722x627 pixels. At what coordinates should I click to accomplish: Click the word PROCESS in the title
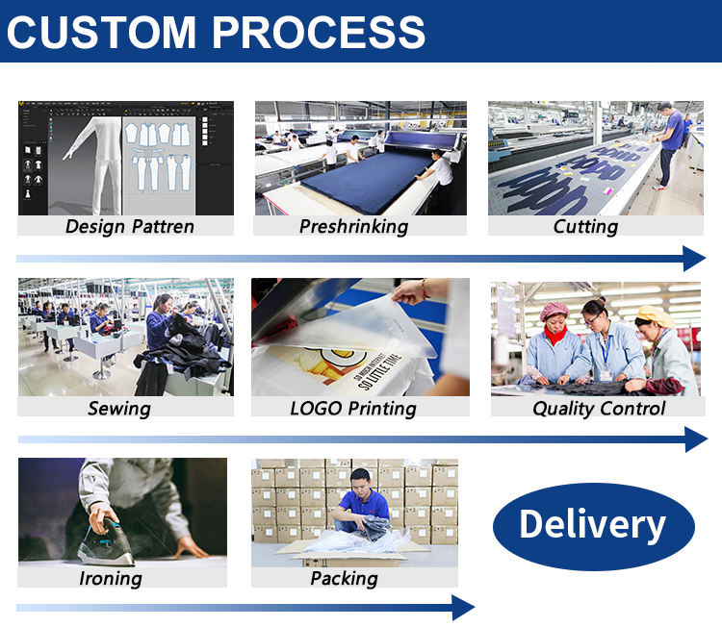[x=319, y=32]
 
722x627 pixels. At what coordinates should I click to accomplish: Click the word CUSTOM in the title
[x=102, y=32]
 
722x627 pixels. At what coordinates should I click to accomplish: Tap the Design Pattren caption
[x=130, y=226]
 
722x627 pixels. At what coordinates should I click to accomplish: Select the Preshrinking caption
[x=353, y=226]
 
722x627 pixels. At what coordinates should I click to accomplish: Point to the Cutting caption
[x=585, y=226]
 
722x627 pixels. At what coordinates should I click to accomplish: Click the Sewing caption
[x=119, y=409]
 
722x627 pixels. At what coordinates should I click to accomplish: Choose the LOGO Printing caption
[x=353, y=409]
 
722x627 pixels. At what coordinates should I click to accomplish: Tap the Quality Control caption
[x=599, y=409]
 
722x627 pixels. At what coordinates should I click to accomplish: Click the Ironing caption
[x=111, y=579]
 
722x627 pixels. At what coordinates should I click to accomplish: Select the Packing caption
[x=344, y=579]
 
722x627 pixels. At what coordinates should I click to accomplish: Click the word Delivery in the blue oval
[x=593, y=524]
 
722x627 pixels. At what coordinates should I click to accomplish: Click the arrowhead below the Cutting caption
[x=694, y=258]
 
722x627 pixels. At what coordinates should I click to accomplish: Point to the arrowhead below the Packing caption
[x=463, y=608]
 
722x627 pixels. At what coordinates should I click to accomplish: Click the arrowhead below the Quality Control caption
[x=696, y=439]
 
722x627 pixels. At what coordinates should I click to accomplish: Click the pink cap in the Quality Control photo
[x=554, y=311]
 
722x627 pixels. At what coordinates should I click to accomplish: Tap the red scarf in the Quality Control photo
[x=554, y=334]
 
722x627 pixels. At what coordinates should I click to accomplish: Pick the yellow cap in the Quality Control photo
[x=656, y=315]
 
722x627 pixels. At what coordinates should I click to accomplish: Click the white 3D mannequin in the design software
[x=94, y=164]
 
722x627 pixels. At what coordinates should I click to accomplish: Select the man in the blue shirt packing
[x=361, y=505]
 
